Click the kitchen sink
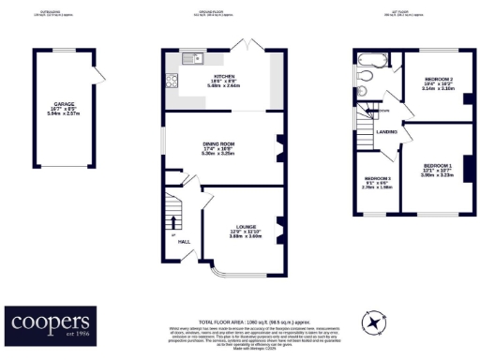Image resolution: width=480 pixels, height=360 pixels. pos(193,60)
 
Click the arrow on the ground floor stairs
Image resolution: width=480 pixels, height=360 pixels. pos(174,222)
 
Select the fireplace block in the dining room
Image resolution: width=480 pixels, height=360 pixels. pos(278,145)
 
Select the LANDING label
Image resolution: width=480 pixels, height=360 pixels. pos(386,133)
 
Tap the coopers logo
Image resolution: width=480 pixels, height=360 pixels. pos(51,323)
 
